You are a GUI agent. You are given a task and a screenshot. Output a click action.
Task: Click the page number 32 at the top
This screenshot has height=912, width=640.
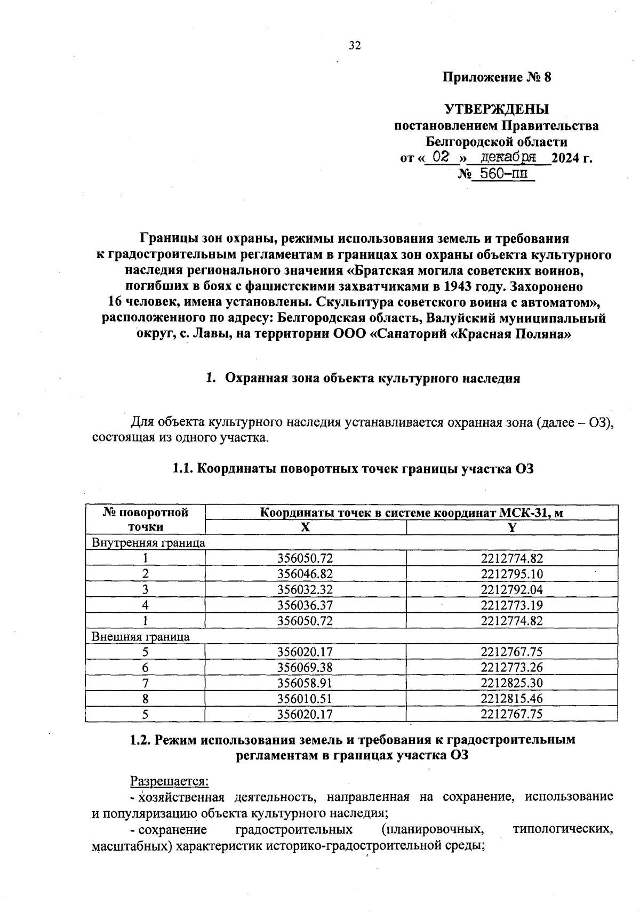[x=355, y=46]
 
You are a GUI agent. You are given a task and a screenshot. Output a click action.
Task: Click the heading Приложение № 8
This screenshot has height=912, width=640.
[x=497, y=78]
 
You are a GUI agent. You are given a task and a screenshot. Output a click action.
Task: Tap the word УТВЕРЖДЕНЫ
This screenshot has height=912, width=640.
[x=497, y=110]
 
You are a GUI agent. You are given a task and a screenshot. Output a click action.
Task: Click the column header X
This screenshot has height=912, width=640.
[x=305, y=527]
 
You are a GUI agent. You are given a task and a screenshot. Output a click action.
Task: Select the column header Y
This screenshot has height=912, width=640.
[x=511, y=527]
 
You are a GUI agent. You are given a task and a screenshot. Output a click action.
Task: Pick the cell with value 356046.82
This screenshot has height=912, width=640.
[x=305, y=574]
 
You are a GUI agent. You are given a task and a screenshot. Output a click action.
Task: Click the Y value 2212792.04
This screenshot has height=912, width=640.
[x=511, y=589]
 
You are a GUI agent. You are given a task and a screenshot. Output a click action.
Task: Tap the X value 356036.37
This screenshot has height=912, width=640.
[x=305, y=605]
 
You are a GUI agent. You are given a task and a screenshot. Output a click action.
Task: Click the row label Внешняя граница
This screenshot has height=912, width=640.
[x=141, y=636]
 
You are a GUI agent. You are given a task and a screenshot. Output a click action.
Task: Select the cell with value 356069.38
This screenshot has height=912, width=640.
[x=305, y=667]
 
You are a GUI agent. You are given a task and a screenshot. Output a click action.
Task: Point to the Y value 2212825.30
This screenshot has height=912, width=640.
[x=511, y=683]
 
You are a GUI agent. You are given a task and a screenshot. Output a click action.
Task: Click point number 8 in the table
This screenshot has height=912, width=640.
[x=145, y=698]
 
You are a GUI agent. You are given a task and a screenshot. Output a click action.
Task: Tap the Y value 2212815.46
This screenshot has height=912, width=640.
[x=511, y=698]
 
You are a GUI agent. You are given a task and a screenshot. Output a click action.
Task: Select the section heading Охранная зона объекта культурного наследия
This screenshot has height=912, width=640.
[x=372, y=379]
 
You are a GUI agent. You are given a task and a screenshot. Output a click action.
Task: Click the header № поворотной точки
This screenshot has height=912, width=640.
[x=145, y=519]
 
